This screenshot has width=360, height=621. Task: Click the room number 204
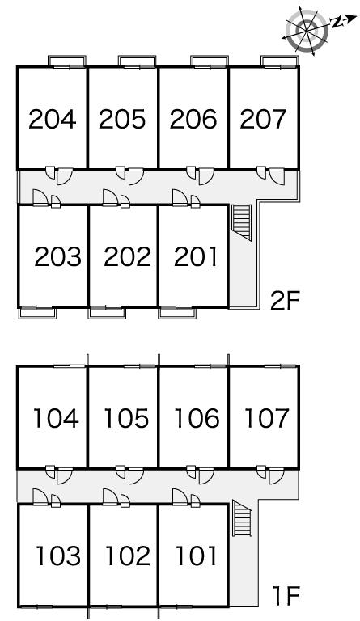click(53, 119)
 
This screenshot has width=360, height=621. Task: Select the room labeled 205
click(122, 119)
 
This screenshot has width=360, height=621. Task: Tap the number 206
click(193, 119)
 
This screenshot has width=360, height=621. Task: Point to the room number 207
click(263, 119)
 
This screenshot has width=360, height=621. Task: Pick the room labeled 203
click(57, 256)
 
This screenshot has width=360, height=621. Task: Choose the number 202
click(128, 256)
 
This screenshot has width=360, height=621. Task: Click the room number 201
click(196, 256)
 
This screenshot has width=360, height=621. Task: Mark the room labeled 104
click(56, 419)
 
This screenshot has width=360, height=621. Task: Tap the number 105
click(126, 419)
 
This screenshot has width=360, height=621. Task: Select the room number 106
click(197, 419)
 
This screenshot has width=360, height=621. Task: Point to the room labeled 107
click(266, 419)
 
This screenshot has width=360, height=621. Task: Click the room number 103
click(58, 556)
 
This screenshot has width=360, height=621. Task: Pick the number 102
click(129, 556)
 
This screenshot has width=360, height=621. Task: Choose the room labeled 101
click(197, 556)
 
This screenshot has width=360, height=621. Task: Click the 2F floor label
click(284, 302)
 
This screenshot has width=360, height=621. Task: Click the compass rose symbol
click(307, 30)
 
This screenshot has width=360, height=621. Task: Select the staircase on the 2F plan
click(242, 222)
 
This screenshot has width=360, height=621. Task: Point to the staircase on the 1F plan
click(243, 518)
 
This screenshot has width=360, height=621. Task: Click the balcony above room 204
click(67, 61)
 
